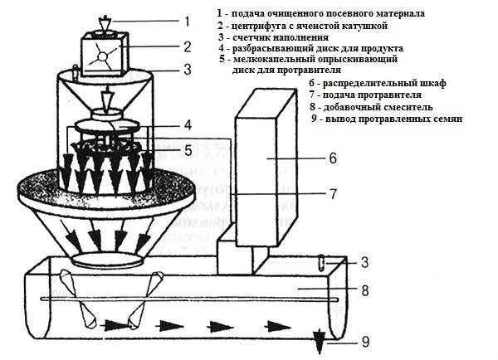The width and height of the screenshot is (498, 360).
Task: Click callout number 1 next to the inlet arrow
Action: pos(188,22)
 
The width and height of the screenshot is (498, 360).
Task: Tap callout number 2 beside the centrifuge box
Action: pos(188,47)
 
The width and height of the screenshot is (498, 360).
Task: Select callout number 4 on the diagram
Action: pos(188,125)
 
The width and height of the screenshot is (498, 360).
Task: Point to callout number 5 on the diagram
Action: pos(188,150)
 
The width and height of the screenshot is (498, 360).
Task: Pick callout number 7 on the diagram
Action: pos(333,195)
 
